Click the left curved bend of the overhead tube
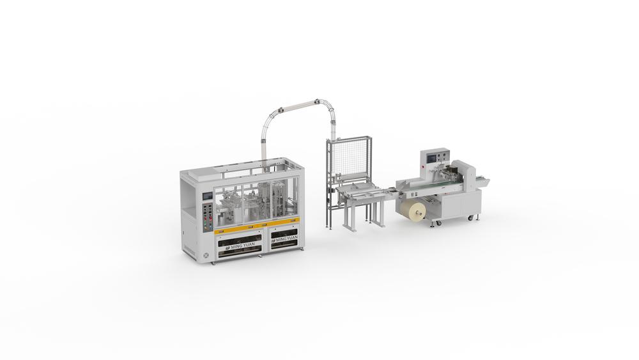pos(266,118)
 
